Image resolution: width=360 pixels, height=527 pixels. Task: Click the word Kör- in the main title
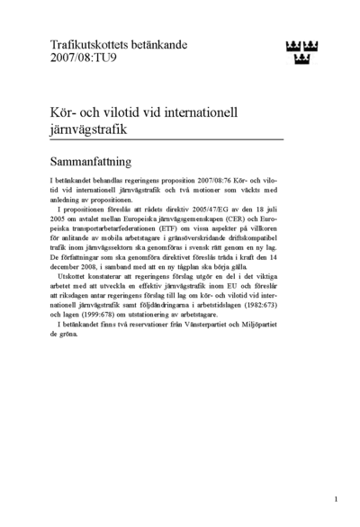click(x=67, y=112)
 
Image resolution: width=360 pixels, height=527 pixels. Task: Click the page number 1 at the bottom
click(x=336, y=497)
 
